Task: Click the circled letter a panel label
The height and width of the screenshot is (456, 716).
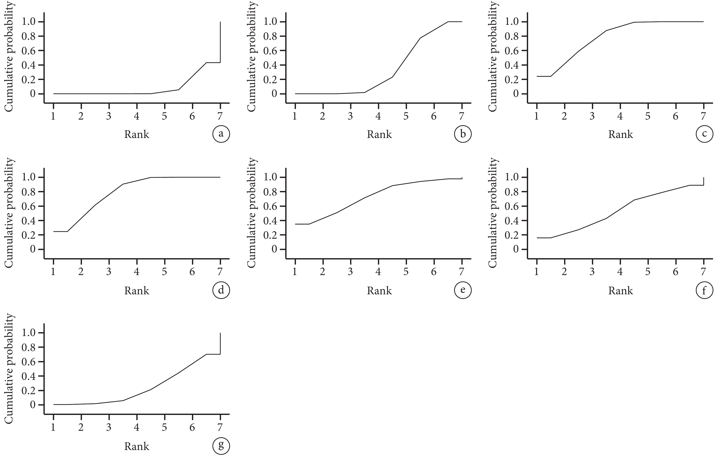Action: (221, 134)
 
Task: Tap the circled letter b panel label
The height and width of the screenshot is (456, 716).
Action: (463, 134)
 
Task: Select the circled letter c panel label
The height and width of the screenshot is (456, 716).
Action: (704, 134)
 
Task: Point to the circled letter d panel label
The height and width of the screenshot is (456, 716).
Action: (221, 290)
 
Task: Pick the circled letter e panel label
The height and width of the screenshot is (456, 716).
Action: (463, 290)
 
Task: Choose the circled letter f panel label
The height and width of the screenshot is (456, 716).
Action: (704, 290)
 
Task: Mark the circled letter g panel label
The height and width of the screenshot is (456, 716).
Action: (221, 446)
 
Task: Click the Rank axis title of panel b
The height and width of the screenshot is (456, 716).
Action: (379, 134)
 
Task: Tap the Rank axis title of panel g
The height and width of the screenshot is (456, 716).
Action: (137, 446)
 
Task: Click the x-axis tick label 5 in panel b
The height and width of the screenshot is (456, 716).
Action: (406, 116)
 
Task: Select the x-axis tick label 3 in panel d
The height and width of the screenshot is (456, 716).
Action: (109, 272)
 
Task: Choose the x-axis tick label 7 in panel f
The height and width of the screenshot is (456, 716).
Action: (703, 272)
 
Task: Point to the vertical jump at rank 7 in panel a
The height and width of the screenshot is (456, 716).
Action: (220, 42)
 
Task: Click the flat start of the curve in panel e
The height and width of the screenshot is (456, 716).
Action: (302, 224)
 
